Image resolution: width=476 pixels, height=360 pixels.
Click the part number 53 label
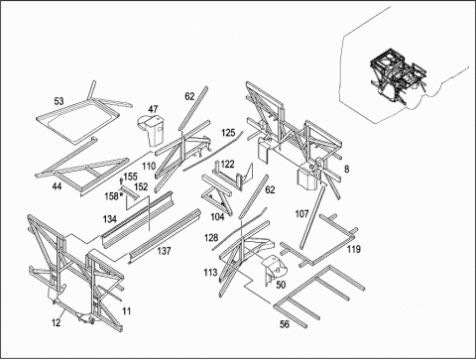point(59,101)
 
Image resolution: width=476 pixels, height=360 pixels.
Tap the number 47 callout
point(153,109)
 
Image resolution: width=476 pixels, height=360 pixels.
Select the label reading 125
point(228,133)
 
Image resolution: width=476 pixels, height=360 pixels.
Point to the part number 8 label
point(346,170)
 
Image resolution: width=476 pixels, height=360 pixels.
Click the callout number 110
point(149,166)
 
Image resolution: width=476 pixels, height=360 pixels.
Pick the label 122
point(227,164)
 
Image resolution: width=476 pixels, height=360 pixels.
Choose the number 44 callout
point(57,186)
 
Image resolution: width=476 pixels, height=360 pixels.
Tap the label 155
point(130,177)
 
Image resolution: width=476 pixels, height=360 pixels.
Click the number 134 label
point(109,219)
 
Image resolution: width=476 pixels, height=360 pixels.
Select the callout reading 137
point(164,251)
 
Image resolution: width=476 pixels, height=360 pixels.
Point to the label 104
point(217,217)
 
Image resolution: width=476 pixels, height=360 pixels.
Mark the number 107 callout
point(301,214)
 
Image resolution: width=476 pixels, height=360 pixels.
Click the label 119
point(353,249)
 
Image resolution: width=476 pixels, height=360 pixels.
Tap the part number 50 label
point(281,285)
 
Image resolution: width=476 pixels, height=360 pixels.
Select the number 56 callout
point(285,324)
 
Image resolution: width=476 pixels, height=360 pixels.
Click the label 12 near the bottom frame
point(57,322)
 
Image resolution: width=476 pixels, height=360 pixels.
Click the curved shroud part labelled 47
point(151,130)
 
